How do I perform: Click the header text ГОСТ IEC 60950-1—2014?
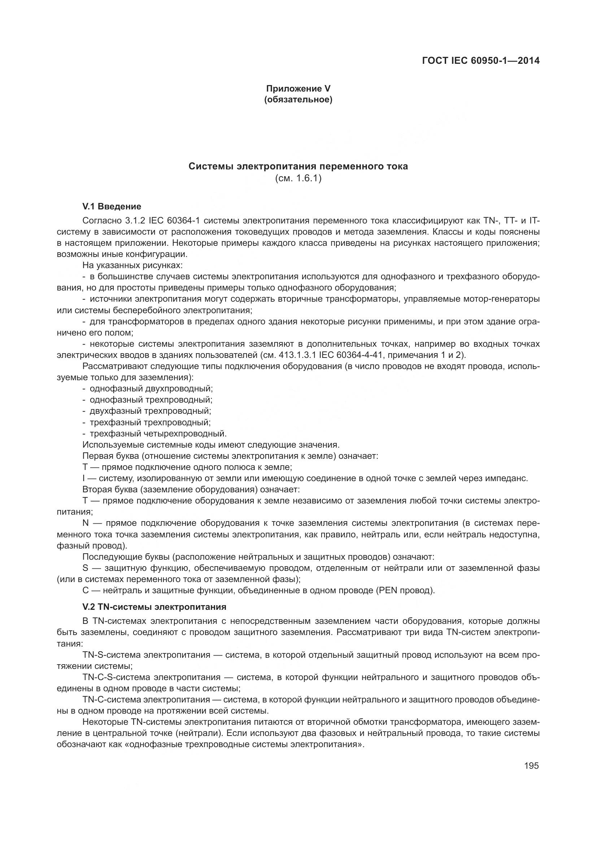coord(480,61)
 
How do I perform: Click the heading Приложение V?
coord(298,89)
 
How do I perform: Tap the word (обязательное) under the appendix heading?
coord(298,99)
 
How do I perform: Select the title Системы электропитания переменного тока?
coord(298,166)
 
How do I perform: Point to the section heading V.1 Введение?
coord(112,207)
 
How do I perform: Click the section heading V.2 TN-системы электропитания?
coord(154,607)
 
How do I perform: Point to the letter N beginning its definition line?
coord(86,523)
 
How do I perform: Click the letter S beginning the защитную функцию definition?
coord(85,568)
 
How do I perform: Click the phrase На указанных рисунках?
coord(132,265)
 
